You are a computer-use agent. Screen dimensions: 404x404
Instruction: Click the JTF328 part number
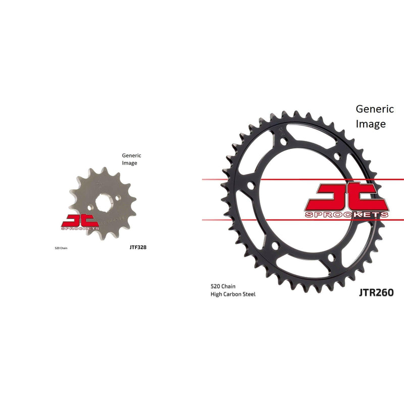coord(138,247)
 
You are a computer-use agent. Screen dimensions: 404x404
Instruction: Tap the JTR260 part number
coord(376,292)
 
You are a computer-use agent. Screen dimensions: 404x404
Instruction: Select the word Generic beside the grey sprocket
coord(132,156)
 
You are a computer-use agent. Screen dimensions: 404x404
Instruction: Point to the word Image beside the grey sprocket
coord(130,163)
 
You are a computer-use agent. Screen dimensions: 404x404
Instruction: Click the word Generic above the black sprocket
coord(375,109)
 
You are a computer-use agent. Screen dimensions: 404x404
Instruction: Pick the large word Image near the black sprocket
coord(371,124)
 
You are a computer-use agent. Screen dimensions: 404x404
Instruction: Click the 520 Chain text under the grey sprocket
coord(61,248)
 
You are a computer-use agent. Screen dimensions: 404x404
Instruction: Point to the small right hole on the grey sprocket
coord(120,198)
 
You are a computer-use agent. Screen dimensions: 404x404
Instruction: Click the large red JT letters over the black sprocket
coord(346,196)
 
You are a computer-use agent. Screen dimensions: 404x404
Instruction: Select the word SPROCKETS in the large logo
coord(346,215)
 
